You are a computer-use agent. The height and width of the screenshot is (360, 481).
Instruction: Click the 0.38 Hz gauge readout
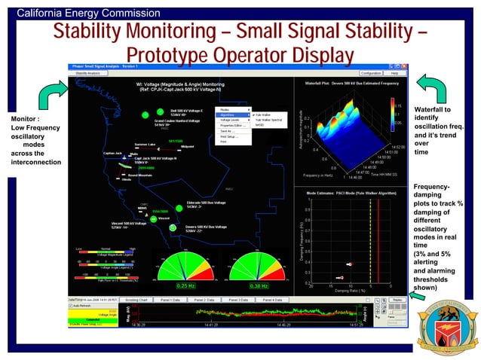[259, 285]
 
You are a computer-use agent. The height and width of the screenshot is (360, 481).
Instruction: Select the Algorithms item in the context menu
[228, 114]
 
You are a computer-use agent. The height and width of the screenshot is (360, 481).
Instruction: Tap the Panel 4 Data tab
[272, 299]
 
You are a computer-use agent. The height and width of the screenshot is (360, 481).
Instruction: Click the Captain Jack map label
[115, 154]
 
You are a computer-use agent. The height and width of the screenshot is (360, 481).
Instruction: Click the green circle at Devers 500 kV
[173, 227]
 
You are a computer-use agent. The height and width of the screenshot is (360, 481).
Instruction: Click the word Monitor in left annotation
[20, 119]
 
